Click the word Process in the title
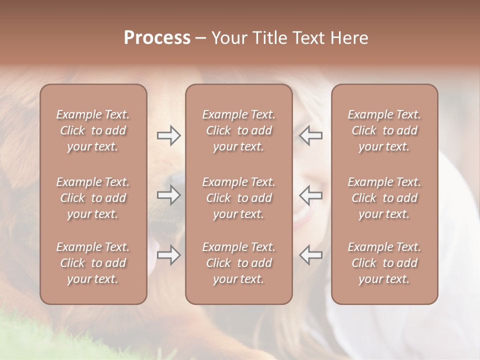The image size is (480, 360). [157, 38]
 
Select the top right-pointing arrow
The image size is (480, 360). [168, 135]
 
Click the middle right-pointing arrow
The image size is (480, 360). [168, 195]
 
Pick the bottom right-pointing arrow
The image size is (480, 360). [168, 255]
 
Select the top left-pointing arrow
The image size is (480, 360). [311, 135]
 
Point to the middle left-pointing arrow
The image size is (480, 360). [311, 195]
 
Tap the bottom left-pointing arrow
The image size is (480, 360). [311, 255]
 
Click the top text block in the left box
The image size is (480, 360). [93, 130]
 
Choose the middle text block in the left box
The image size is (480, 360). [93, 198]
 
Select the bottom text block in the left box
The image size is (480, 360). [93, 263]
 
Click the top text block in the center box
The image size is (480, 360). [238, 130]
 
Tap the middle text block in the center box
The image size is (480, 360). [238, 198]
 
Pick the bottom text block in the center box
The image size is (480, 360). [238, 263]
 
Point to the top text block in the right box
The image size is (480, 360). [384, 130]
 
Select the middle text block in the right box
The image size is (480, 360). [384, 198]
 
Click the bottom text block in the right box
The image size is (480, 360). [384, 263]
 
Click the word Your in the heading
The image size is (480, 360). [229, 38]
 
